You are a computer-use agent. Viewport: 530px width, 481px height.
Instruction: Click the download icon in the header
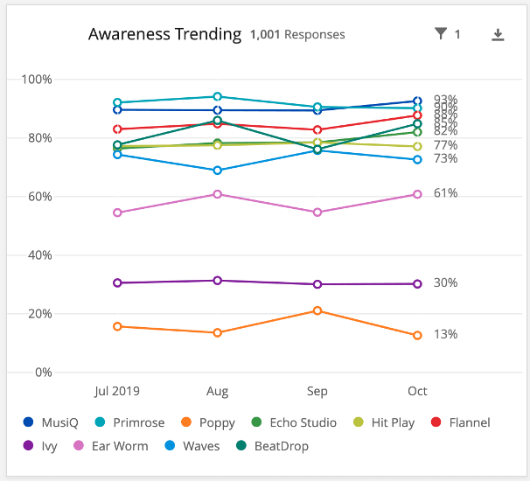[498, 35]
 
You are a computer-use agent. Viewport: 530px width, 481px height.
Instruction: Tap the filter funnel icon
[441, 34]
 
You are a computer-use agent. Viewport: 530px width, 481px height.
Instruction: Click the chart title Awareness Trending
[164, 34]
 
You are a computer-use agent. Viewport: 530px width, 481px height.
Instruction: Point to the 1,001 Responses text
[297, 35]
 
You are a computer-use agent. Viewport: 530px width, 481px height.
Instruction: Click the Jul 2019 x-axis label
[117, 391]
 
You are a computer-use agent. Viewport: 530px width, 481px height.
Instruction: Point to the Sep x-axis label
[317, 391]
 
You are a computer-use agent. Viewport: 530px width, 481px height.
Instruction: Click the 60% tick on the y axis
[39, 197]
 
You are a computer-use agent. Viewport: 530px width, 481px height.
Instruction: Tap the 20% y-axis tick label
[39, 314]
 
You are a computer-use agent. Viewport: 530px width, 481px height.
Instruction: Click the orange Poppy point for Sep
[317, 310]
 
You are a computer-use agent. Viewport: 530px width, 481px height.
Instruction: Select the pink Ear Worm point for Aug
[218, 194]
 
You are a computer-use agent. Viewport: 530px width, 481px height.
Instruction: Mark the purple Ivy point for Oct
[417, 283]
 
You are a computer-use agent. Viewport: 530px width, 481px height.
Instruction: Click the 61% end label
[445, 193]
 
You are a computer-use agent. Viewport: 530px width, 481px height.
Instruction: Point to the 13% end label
[445, 334]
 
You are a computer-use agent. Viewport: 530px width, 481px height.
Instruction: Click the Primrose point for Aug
[218, 97]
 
